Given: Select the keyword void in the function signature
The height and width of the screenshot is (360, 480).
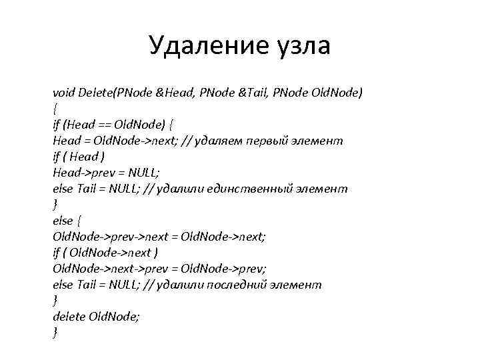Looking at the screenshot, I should pyautogui.click(x=64, y=93).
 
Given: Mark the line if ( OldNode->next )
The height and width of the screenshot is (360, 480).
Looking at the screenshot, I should pyautogui.click(x=105, y=253).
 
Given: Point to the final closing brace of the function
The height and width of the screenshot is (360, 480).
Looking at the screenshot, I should pyautogui.click(x=55, y=333).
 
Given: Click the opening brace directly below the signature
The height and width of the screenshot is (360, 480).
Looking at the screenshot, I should pyautogui.click(x=55, y=109).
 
